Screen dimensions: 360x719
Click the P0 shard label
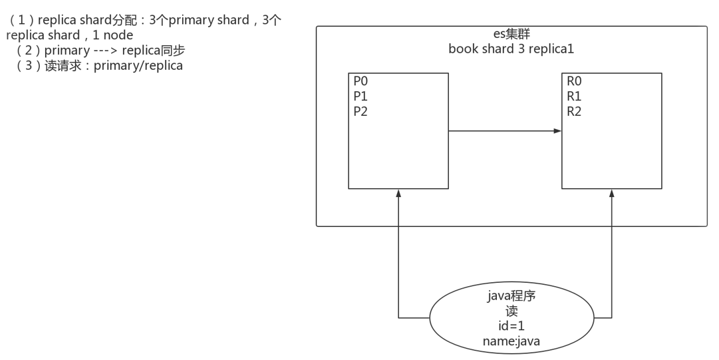(x=360, y=81)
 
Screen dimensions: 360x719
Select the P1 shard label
(x=360, y=96)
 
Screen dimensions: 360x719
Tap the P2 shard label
(x=360, y=112)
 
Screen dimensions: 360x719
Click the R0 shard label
(x=574, y=81)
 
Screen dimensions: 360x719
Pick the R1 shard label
(x=574, y=96)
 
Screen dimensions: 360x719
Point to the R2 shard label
(x=574, y=112)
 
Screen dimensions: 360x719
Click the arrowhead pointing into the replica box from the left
(x=557, y=131)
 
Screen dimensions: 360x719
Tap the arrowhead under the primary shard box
(x=398, y=193)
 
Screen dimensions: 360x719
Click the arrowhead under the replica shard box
(x=611, y=193)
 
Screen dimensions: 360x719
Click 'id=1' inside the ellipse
(x=511, y=326)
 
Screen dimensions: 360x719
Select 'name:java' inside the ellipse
(x=511, y=341)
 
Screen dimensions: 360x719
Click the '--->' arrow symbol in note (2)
(x=105, y=51)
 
